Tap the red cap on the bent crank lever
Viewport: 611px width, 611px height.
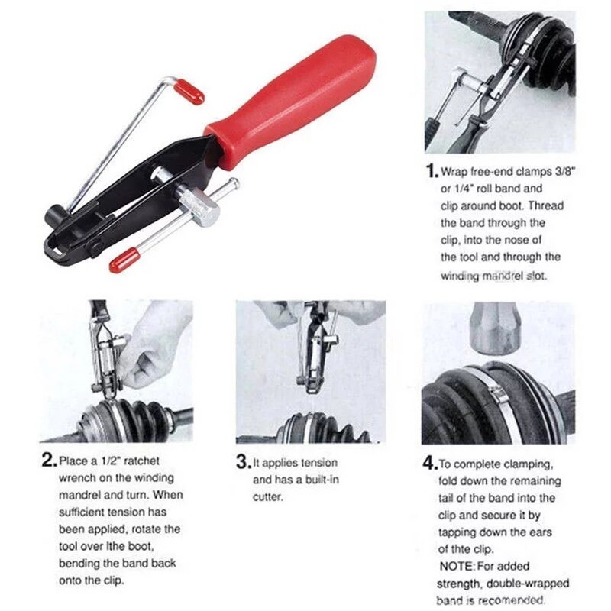[189, 92]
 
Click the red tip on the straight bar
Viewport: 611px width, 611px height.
[124, 260]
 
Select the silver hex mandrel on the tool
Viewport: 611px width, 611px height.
[199, 206]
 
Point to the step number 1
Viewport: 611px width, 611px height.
[432, 170]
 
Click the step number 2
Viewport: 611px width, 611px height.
[49, 460]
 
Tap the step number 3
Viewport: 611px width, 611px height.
[243, 462]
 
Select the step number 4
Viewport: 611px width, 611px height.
[430, 463]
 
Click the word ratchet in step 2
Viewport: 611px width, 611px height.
[141, 461]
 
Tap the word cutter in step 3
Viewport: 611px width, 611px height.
[267, 497]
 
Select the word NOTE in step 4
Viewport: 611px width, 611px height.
[457, 566]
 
